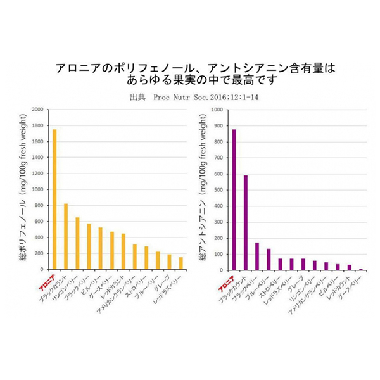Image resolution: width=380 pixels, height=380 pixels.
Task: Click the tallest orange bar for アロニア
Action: pos(54,199)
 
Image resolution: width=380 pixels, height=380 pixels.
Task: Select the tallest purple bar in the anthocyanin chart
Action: pos(234,199)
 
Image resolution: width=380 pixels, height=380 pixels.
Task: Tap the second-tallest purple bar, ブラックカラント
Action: pos(245,222)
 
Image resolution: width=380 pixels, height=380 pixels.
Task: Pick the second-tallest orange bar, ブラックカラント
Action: pos(66,236)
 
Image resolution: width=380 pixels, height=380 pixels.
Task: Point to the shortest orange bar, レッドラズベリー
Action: pos(181,263)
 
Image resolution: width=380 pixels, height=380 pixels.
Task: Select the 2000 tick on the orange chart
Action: pos(37,110)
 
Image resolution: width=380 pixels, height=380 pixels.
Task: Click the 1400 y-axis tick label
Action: pos(37,158)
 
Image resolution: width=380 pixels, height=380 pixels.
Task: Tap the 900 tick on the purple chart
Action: pos(218,125)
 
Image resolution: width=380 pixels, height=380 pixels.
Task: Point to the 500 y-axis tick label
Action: pos(218,189)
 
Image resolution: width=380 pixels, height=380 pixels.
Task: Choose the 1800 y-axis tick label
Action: pos(37,125)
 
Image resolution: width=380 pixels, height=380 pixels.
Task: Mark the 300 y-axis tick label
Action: pos(218,222)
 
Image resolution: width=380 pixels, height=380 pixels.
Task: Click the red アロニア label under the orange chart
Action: pos(47,279)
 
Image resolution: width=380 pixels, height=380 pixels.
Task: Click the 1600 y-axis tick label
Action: pos(37,142)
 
